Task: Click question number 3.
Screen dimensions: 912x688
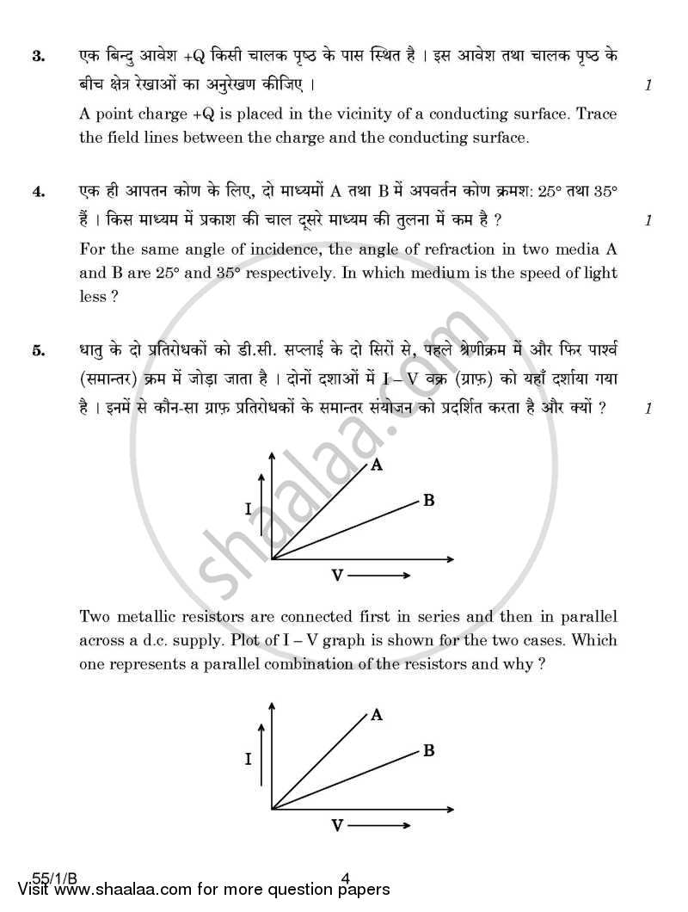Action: point(37,57)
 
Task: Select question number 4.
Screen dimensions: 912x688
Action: point(37,193)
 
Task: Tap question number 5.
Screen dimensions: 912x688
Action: point(37,350)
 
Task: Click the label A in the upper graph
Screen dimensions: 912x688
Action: point(376,465)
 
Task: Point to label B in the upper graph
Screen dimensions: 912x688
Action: point(427,500)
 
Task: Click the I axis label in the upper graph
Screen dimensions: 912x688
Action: point(249,509)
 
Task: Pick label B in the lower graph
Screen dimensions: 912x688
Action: point(427,750)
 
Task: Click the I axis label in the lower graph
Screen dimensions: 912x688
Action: point(249,759)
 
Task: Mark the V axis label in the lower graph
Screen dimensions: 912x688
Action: point(337,825)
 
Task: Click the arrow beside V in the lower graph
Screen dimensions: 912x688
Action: point(378,825)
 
